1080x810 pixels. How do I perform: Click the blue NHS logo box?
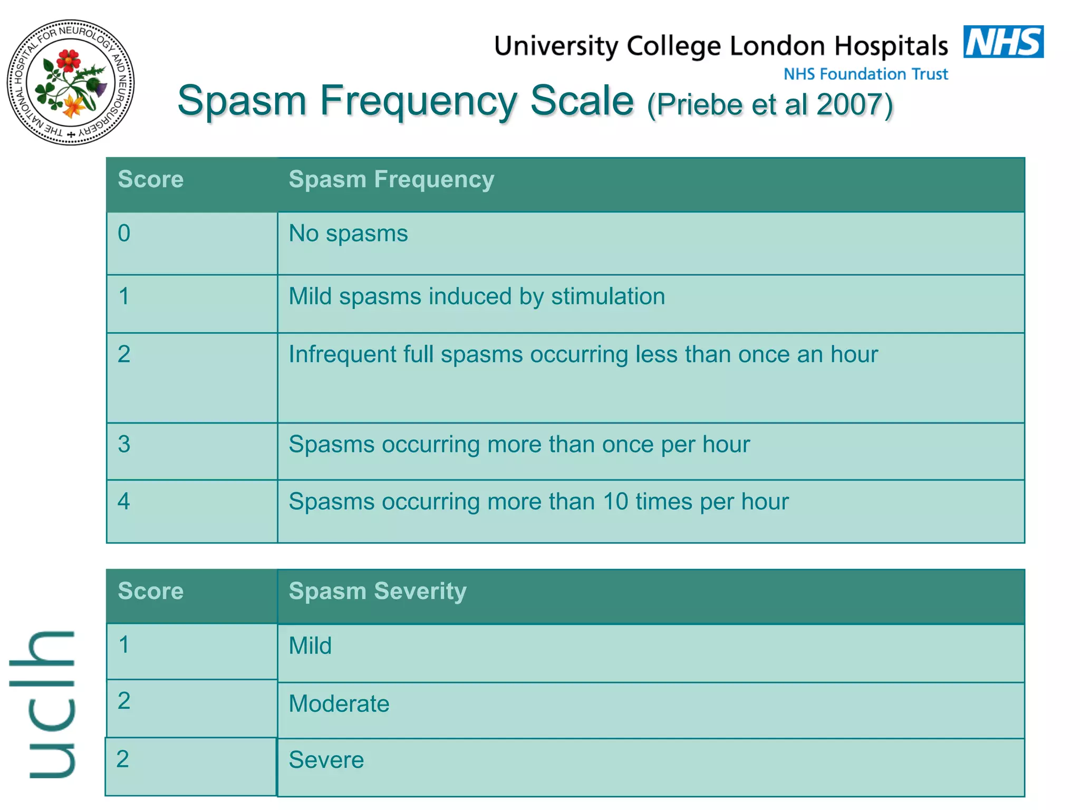coord(1003,42)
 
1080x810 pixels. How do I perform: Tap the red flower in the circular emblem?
coord(68,60)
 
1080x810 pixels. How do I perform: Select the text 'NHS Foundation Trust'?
coord(865,74)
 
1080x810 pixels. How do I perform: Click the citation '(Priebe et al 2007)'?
coord(770,104)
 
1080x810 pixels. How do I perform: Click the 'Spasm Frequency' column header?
coord(391,179)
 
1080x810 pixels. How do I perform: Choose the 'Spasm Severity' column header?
coord(378,591)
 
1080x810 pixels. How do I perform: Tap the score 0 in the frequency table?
coord(124,234)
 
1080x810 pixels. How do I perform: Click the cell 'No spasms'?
coord(348,234)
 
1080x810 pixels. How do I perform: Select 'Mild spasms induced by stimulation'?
coord(477,296)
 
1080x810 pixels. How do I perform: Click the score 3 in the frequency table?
coord(124,445)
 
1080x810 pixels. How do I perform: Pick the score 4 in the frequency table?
coord(124,502)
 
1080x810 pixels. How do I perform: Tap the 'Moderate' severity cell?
coord(339,704)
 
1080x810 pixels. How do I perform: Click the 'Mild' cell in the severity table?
coord(310,646)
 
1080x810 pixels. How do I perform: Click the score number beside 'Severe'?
coord(123,759)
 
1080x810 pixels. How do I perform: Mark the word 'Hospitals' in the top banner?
coord(891,46)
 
